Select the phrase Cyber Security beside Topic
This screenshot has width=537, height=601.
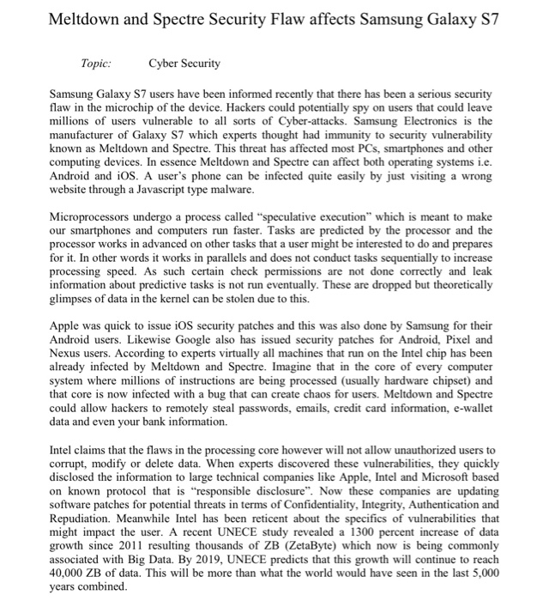point(184,64)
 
